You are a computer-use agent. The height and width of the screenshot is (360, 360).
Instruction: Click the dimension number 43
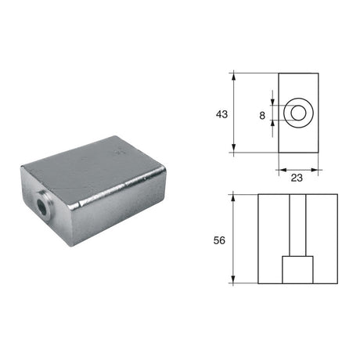click(221, 114)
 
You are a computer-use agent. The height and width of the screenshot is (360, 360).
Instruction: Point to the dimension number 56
click(219, 240)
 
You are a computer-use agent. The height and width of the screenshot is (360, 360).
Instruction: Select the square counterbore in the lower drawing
click(298, 271)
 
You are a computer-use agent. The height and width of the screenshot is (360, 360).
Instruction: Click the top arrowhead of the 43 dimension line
click(235, 76)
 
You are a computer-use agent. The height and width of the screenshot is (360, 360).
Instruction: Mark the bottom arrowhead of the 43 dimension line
click(235, 152)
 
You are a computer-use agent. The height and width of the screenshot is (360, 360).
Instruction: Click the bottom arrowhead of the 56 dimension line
click(235, 282)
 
